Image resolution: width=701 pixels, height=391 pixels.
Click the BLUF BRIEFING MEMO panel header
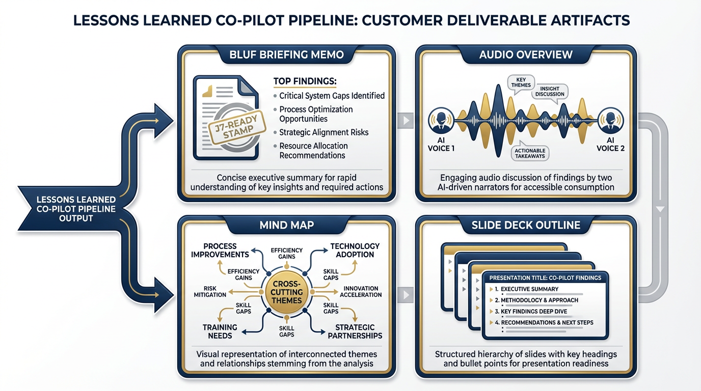pyautogui.click(x=287, y=54)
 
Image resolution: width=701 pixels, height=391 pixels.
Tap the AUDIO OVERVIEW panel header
pyautogui.click(x=526, y=54)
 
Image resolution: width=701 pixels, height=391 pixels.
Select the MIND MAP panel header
pyautogui.click(x=287, y=225)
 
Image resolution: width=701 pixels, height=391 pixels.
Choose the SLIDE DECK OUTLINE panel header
pyautogui.click(x=526, y=225)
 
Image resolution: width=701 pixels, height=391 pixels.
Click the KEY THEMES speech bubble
pyautogui.click(x=521, y=82)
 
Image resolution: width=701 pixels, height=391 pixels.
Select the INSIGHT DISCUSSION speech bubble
pyautogui.click(x=550, y=92)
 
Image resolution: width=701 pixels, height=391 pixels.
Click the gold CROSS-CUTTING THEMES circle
pyautogui.click(x=287, y=292)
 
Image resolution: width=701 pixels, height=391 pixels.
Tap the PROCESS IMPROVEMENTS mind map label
pyautogui.click(x=220, y=250)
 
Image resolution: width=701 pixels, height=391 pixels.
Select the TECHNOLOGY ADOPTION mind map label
pyautogui.click(x=355, y=250)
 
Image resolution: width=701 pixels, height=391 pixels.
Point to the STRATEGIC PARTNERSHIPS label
pyautogui.click(x=355, y=331)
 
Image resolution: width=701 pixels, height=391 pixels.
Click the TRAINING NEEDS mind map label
pyautogui.click(x=220, y=331)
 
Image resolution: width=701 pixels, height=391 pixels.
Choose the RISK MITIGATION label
pyautogui.click(x=210, y=292)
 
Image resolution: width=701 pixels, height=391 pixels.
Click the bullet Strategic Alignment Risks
pyautogui.click(x=323, y=132)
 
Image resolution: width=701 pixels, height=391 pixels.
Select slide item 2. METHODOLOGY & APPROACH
pyautogui.click(x=540, y=300)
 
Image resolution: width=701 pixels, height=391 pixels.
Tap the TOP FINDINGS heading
pyautogui.click(x=305, y=82)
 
